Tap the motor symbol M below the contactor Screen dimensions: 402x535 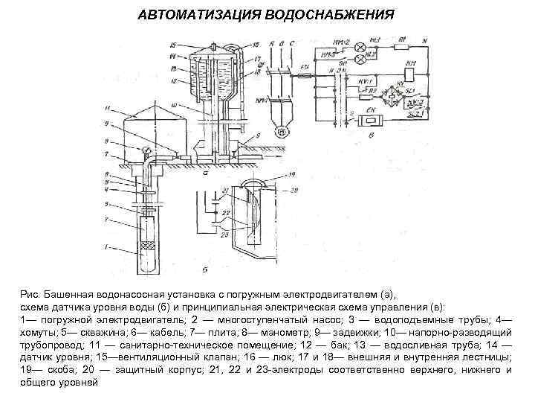(x=281, y=132)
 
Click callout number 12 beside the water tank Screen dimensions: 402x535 (x=172, y=80)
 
